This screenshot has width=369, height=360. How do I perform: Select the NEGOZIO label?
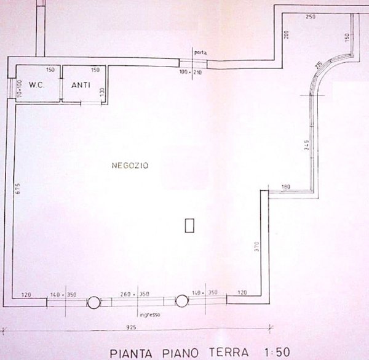tap(127, 166)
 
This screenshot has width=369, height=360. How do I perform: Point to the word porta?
tap(200, 52)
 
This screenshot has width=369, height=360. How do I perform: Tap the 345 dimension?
tap(306, 146)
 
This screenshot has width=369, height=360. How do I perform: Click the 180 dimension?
tap(285, 186)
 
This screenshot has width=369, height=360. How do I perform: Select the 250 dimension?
tap(309, 17)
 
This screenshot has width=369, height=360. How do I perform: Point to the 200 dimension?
tap(286, 35)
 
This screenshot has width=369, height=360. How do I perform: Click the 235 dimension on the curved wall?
tap(318, 65)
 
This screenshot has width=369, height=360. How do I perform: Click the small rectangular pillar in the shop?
tap(189, 225)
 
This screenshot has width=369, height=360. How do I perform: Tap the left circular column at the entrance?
tap(93, 302)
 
